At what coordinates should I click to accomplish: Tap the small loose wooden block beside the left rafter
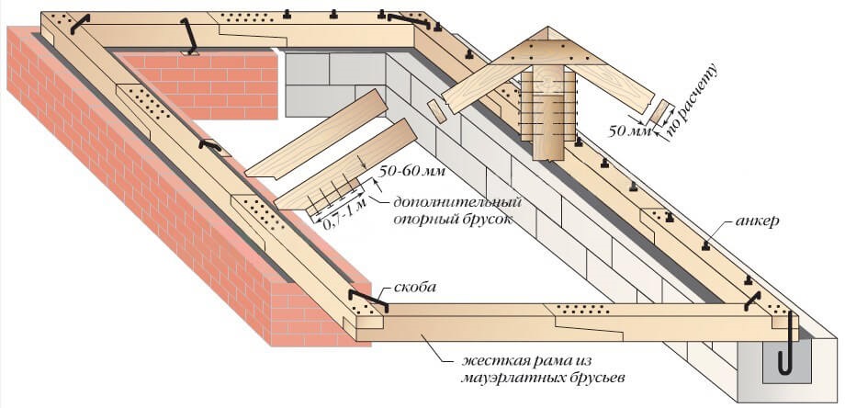436,108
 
